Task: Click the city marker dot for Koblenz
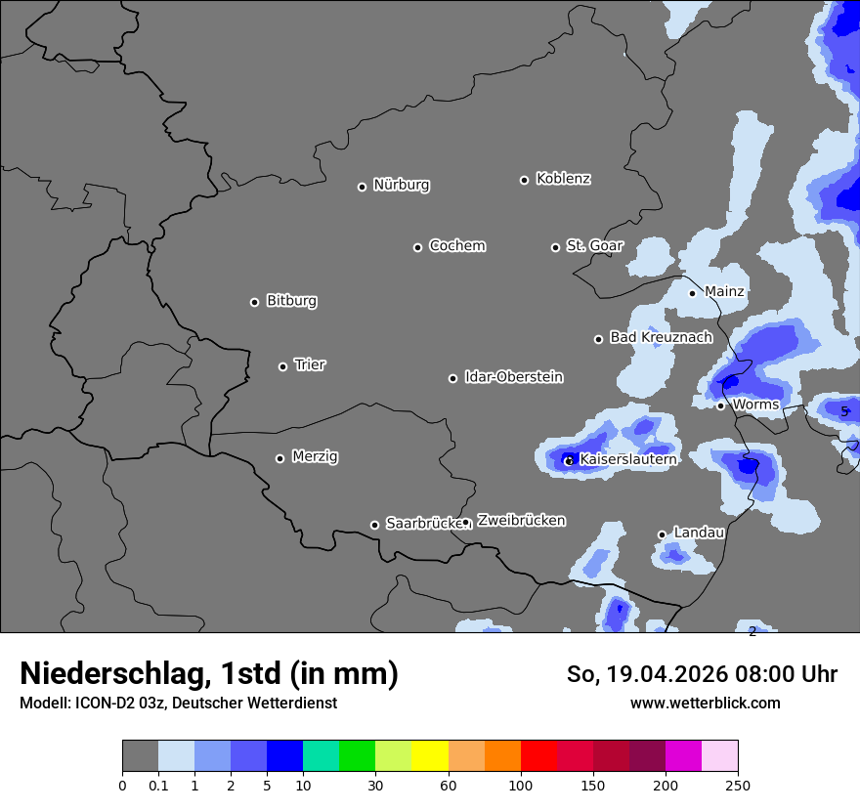point(524,180)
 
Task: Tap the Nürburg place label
point(401,185)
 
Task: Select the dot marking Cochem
point(417,247)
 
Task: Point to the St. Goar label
point(594,245)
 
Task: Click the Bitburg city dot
point(254,302)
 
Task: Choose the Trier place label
point(310,364)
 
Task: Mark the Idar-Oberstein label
point(513,376)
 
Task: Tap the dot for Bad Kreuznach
point(598,339)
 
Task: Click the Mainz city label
point(724,291)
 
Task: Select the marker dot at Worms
point(720,405)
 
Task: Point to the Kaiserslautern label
point(627,458)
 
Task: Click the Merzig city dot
point(279,458)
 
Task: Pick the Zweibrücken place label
point(521,520)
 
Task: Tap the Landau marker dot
point(662,534)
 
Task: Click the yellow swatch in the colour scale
point(430,756)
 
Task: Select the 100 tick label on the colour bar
point(521,785)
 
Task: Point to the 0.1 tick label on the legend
point(158,785)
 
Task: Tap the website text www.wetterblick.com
point(706,703)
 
